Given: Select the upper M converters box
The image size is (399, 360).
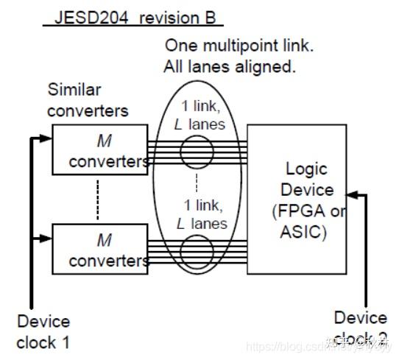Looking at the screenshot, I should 99,149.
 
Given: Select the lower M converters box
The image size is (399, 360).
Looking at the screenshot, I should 99,250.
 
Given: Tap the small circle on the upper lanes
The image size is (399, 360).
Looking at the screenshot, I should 197,154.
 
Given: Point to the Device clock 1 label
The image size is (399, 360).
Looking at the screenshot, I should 43,331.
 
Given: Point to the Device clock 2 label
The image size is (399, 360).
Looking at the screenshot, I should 360,328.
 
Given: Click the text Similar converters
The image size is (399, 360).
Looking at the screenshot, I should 88,100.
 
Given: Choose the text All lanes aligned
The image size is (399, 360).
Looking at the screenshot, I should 230,68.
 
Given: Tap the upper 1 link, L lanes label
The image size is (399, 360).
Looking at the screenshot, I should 199,115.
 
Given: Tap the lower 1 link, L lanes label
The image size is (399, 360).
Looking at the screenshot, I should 199,213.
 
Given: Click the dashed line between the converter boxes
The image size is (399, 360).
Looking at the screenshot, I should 96,200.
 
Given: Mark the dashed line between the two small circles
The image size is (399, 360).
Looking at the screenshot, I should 197,183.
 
